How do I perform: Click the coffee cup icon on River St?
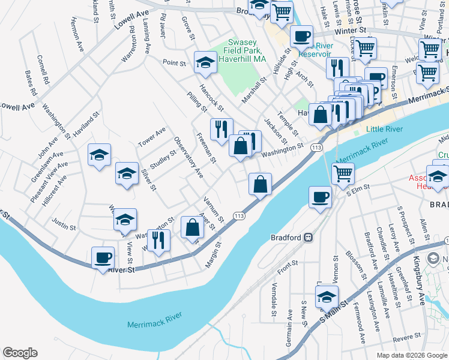coord(103,258)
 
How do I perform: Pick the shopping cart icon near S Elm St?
coord(343,174)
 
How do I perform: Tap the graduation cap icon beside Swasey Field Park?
coord(205,62)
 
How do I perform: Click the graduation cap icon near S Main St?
coord(327,297)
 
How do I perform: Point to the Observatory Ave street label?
coord(188,158)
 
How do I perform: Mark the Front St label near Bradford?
coord(288,263)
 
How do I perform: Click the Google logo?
coord(20,353)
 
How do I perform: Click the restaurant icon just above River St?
coord(158,240)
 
